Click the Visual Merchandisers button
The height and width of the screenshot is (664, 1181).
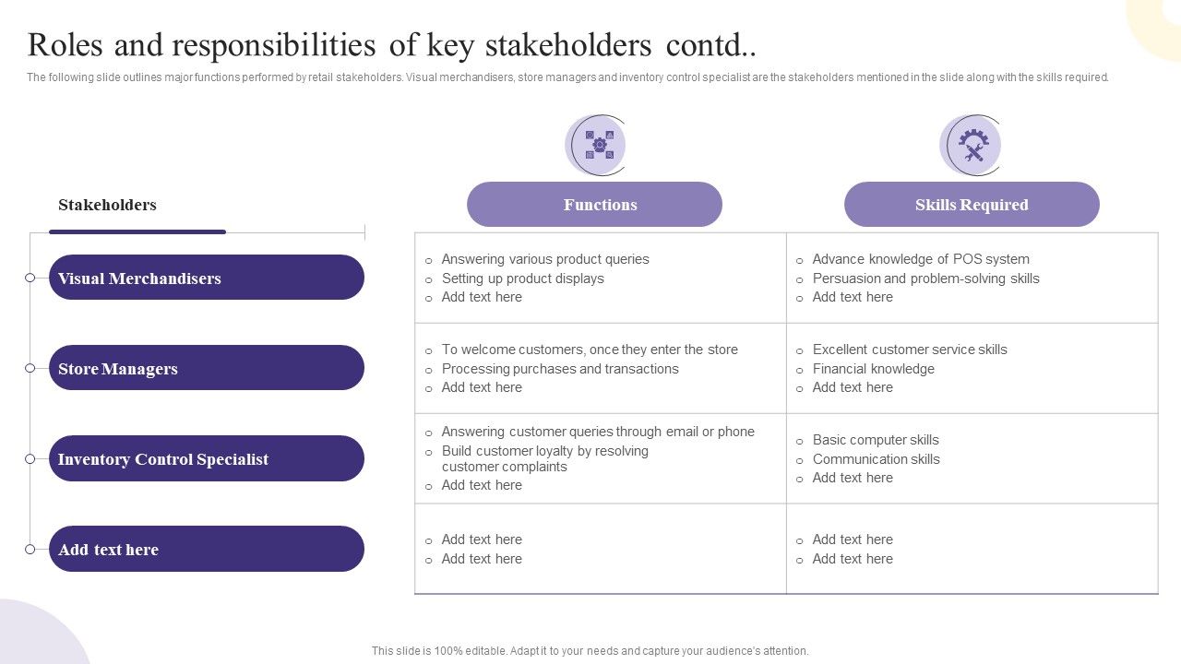coord(206,278)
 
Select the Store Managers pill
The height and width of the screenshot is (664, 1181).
coord(206,368)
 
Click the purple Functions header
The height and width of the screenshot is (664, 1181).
coord(594,205)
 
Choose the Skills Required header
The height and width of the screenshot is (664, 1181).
coord(972,205)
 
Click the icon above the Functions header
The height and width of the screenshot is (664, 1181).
coord(598,145)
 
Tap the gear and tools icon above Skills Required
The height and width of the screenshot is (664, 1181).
coord(972,145)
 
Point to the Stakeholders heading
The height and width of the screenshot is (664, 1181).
coord(107,205)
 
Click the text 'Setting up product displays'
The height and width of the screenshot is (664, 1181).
coord(522,279)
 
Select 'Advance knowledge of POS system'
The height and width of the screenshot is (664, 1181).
coord(920,259)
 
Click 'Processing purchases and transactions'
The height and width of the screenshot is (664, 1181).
coord(559,369)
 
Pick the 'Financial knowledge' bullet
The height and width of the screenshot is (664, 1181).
coord(873,369)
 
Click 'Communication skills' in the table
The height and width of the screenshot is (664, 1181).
coord(876,459)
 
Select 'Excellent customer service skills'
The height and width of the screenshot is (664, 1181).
coord(909,350)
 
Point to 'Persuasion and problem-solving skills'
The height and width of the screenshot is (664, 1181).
coord(925,279)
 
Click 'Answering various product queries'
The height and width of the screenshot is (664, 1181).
coord(544,259)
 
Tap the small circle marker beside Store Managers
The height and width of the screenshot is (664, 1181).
coord(30,368)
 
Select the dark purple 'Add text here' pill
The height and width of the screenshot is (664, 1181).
coord(206,550)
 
